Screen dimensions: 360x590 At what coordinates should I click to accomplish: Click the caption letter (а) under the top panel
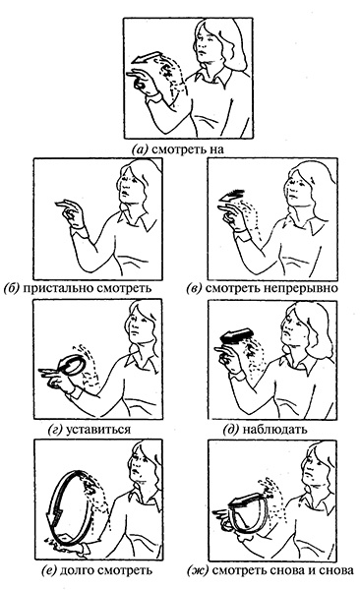tap(139, 149)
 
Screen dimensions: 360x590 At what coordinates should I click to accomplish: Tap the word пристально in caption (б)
tap(59, 288)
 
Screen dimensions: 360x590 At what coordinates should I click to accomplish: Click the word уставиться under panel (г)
tap(97, 429)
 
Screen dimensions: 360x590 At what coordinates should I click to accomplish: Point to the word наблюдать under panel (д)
tap(274, 429)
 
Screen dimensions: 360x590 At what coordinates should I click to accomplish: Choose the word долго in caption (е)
tap(77, 570)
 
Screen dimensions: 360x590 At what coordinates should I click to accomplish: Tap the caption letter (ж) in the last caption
tap(198, 570)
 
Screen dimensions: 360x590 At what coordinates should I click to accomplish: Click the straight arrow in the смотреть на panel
tap(147, 58)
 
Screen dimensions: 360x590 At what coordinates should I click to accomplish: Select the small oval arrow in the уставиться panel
tap(73, 366)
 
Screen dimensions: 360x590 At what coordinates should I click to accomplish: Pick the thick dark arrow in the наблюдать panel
tap(235, 334)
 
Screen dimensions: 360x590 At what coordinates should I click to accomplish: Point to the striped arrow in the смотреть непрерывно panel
tap(231, 196)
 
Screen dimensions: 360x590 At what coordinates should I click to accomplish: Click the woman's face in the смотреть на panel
tap(207, 40)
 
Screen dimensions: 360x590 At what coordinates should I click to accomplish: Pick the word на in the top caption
tap(216, 149)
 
